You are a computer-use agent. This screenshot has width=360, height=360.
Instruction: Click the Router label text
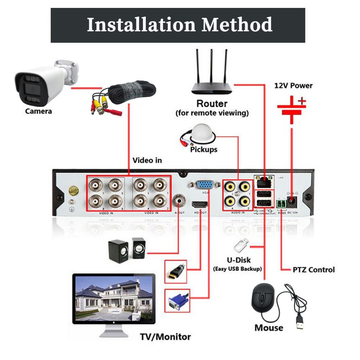point(212,104)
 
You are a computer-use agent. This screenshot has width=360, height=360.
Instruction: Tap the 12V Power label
point(293,86)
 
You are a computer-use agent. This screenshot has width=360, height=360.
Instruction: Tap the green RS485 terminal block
point(281,204)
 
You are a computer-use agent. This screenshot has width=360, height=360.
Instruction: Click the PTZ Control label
point(314,270)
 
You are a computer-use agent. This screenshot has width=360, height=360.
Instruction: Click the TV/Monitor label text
point(165,337)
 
